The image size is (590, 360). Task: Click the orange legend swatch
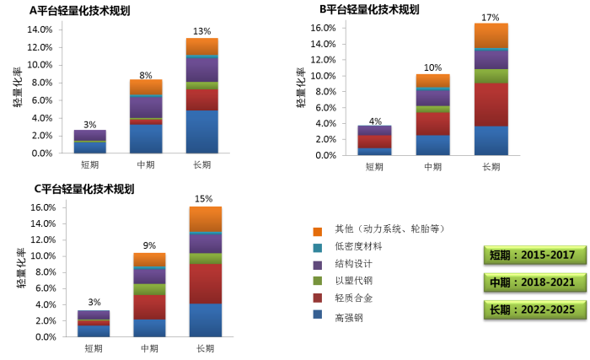pyautogui.click(x=317, y=232)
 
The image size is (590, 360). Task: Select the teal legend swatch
pyautogui.click(x=317, y=249)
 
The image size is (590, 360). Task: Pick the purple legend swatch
pyautogui.click(x=317, y=266)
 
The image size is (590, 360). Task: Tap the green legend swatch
pyautogui.click(x=317, y=281)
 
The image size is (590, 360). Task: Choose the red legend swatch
pyautogui.click(x=317, y=298)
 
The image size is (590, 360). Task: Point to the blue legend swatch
pyautogui.click(x=317, y=314)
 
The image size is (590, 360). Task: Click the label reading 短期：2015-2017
pyautogui.click(x=534, y=255)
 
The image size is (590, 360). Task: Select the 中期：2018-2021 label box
pyautogui.click(x=534, y=282)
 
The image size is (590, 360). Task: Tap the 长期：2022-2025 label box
pyautogui.click(x=534, y=309)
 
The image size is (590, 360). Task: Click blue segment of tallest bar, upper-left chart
pyautogui.click(x=201, y=132)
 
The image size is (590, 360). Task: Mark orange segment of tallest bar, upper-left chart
pyautogui.click(x=201, y=46)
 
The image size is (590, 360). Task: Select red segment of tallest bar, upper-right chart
pyautogui.click(x=491, y=105)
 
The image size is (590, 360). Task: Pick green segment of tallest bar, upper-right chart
pyautogui.click(x=491, y=76)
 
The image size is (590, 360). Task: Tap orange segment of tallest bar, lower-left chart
pyautogui.click(x=205, y=218)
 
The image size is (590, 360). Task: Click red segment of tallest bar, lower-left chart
pyautogui.click(x=205, y=284)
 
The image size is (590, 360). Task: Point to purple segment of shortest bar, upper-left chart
pyautogui.click(x=89, y=135)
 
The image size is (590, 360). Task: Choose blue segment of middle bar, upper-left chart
pyautogui.click(x=146, y=138)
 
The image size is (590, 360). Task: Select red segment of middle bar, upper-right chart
pyautogui.click(x=432, y=124)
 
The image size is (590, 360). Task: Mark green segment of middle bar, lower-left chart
pyautogui.click(x=149, y=289)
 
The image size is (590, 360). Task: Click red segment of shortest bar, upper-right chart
pyautogui.click(x=373, y=142)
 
